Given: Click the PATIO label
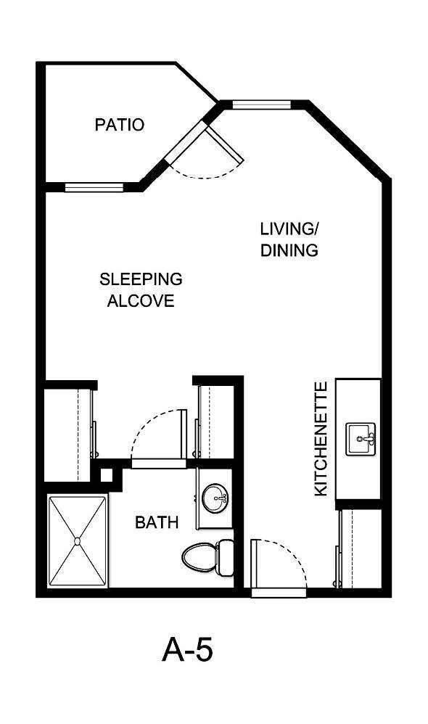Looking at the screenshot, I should pos(120,125).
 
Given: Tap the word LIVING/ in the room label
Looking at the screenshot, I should pos(289,230).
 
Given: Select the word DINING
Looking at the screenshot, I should pos(289,251).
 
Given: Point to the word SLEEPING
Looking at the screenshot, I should pos(141,279).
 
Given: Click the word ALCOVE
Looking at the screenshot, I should pos(141,301).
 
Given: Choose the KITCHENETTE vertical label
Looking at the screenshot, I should pos(321,439).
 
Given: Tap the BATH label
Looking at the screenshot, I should pos(157,522).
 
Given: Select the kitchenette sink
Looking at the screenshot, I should pos(361,439).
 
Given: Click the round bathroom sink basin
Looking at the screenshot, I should pos(214,498).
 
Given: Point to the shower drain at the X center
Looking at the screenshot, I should pos(77,541).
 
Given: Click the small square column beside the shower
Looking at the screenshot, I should pos(107,476).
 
